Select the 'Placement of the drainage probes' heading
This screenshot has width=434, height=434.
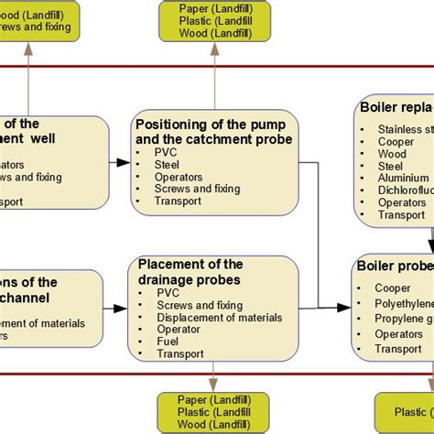[x=190, y=272]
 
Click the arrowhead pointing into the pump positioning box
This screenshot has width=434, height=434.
[x=125, y=164]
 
